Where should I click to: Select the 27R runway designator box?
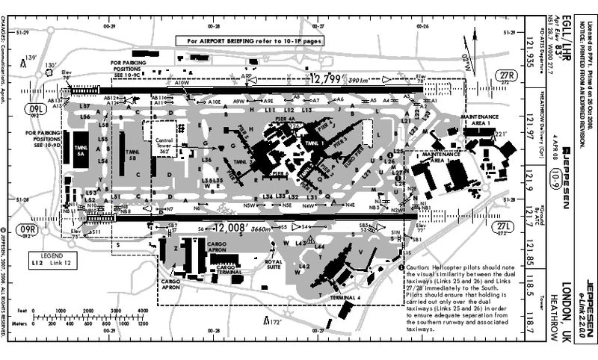pyautogui.click(x=508, y=76)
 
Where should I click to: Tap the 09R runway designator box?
pyautogui.click(x=28, y=230)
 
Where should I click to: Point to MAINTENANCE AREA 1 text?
pyautogui.click(x=478, y=120)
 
